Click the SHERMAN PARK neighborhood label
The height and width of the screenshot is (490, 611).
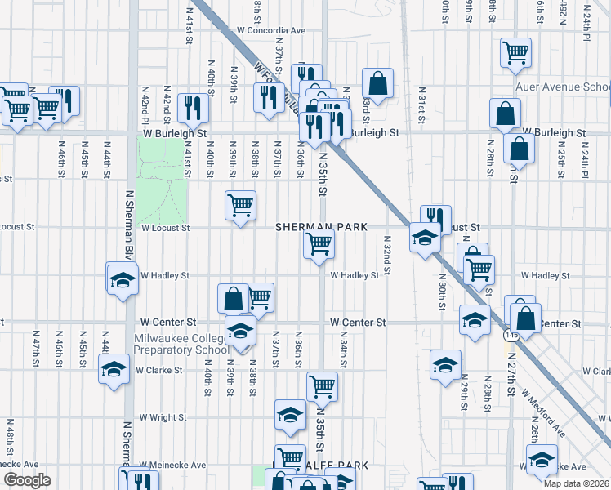(x=320, y=226)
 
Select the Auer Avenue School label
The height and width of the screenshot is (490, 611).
(x=562, y=87)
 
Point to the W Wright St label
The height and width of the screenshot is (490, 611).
(x=163, y=417)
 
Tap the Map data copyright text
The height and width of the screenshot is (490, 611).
(x=577, y=483)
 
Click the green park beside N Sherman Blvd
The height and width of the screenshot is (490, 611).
(x=161, y=180)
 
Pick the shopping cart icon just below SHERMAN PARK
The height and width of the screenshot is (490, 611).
(x=319, y=243)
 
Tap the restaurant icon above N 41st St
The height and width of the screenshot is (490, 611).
(x=193, y=106)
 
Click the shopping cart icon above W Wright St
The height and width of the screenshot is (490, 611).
(x=322, y=385)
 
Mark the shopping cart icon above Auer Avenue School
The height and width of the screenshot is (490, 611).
(x=516, y=53)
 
